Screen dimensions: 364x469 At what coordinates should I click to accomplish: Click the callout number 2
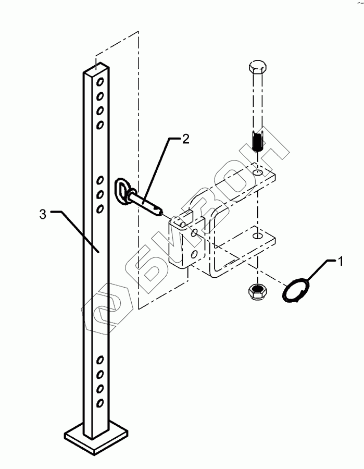[x=185, y=139]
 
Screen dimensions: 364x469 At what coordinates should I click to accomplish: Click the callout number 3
[x=43, y=214]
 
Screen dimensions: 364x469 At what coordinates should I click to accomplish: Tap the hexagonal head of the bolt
[x=258, y=68]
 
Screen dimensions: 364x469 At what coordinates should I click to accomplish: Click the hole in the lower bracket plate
[x=258, y=235]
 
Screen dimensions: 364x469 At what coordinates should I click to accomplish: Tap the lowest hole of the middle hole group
[x=100, y=209]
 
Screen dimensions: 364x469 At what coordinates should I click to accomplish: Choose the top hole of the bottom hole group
[x=100, y=360]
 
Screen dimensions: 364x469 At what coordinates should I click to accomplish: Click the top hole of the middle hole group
[x=100, y=181]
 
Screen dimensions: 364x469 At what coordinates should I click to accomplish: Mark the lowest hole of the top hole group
[x=100, y=124]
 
